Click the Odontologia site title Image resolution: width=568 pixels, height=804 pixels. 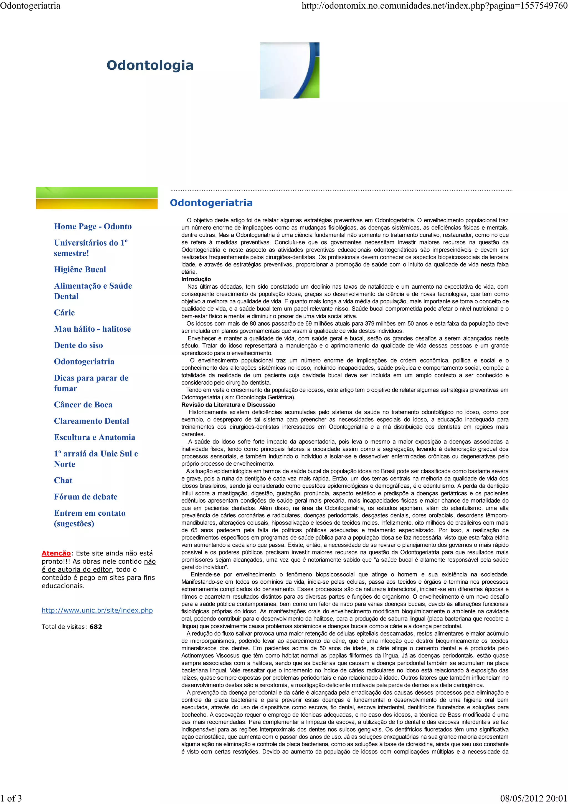tap(150, 65)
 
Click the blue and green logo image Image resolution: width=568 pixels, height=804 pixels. tap(290, 70)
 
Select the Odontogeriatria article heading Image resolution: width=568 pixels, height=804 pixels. tap(211, 203)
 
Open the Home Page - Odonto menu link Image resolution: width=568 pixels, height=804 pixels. tap(93, 226)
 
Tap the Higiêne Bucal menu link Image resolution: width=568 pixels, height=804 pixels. tap(80, 270)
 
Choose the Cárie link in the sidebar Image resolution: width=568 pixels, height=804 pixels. tap(64, 313)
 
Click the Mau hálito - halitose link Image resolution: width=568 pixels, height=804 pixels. tap(92, 329)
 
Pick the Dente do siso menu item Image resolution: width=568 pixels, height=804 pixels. tap(78, 345)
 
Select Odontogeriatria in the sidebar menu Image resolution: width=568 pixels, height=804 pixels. tap(84, 362)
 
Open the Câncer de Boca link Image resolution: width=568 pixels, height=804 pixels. tap(83, 405)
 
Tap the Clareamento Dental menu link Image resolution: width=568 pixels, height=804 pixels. tap(91, 421)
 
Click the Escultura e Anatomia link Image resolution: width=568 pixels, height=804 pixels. tap(95, 437)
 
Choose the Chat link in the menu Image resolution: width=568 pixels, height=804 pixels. tap(63, 480)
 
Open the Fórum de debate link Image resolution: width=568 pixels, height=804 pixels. tap(86, 497)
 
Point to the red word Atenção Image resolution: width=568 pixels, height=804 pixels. tap(56, 553)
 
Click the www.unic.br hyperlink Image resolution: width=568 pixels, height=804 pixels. tap(97, 610)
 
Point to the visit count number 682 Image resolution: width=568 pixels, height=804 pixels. tap(95, 627)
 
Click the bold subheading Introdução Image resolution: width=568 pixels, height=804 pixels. tap(196, 279)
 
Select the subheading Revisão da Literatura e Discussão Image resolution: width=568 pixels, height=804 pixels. tap(228, 405)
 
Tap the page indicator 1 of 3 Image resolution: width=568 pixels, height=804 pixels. tap(11, 798)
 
